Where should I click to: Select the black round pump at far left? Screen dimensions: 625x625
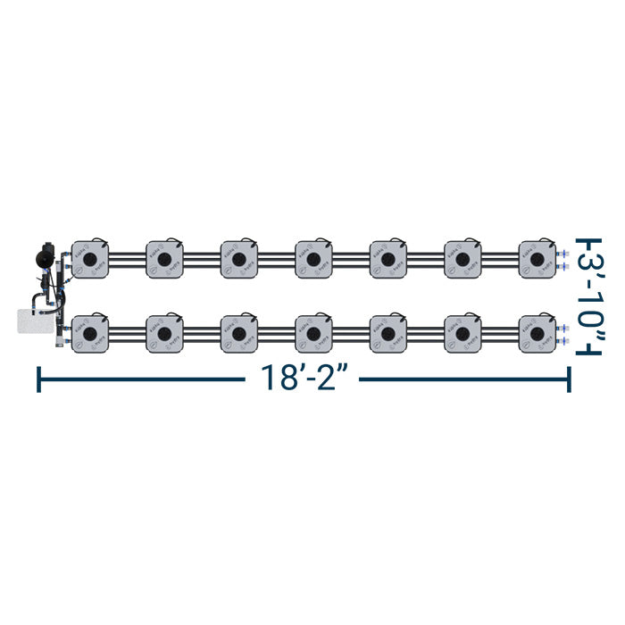point(42,256)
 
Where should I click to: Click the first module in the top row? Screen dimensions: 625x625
point(90,258)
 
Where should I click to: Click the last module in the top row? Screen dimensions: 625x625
point(537,258)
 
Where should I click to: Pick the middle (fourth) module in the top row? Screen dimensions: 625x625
point(313,258)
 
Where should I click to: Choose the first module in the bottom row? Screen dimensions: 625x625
point(90,333)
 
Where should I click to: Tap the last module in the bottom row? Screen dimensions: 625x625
point(537,333)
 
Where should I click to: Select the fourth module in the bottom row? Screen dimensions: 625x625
point(313,333)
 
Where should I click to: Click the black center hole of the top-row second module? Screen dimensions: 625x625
point(165,259)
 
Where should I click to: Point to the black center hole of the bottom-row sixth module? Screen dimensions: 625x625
point(462,333)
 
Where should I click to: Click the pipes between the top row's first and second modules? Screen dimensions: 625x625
point(128,259)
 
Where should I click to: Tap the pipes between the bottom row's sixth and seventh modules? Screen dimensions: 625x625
point(500,333)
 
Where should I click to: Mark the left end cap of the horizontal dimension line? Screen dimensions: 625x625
point(37,379)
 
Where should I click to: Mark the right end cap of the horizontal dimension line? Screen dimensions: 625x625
point(569,379)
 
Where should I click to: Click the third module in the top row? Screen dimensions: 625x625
point(239,258)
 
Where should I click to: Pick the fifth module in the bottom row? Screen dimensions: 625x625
point(387,333)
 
